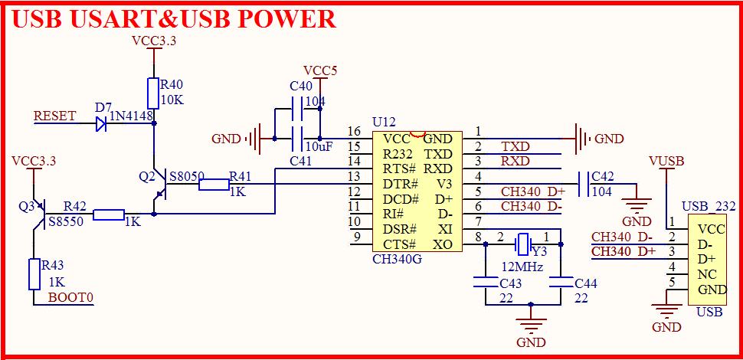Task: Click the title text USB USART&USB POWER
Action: coord(174,19)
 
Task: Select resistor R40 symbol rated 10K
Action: coord(154,93)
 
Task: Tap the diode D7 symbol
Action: coord(101,123)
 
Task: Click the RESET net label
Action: coord(55,116)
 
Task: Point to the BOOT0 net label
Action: coord(70,297)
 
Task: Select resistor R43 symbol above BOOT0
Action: coord(34,273)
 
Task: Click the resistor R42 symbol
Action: coord(109,214)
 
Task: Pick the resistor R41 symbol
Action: coord(214,184)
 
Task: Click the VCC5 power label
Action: coord(320,71)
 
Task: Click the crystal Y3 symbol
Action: coord(522,244)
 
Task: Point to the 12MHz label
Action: coord(522,267)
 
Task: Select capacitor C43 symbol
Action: coord(485,283)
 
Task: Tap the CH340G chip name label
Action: coord(396,259)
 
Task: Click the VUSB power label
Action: coord(666,161)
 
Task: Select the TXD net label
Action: coord(515,146)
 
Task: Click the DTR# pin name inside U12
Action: coord(400,184)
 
